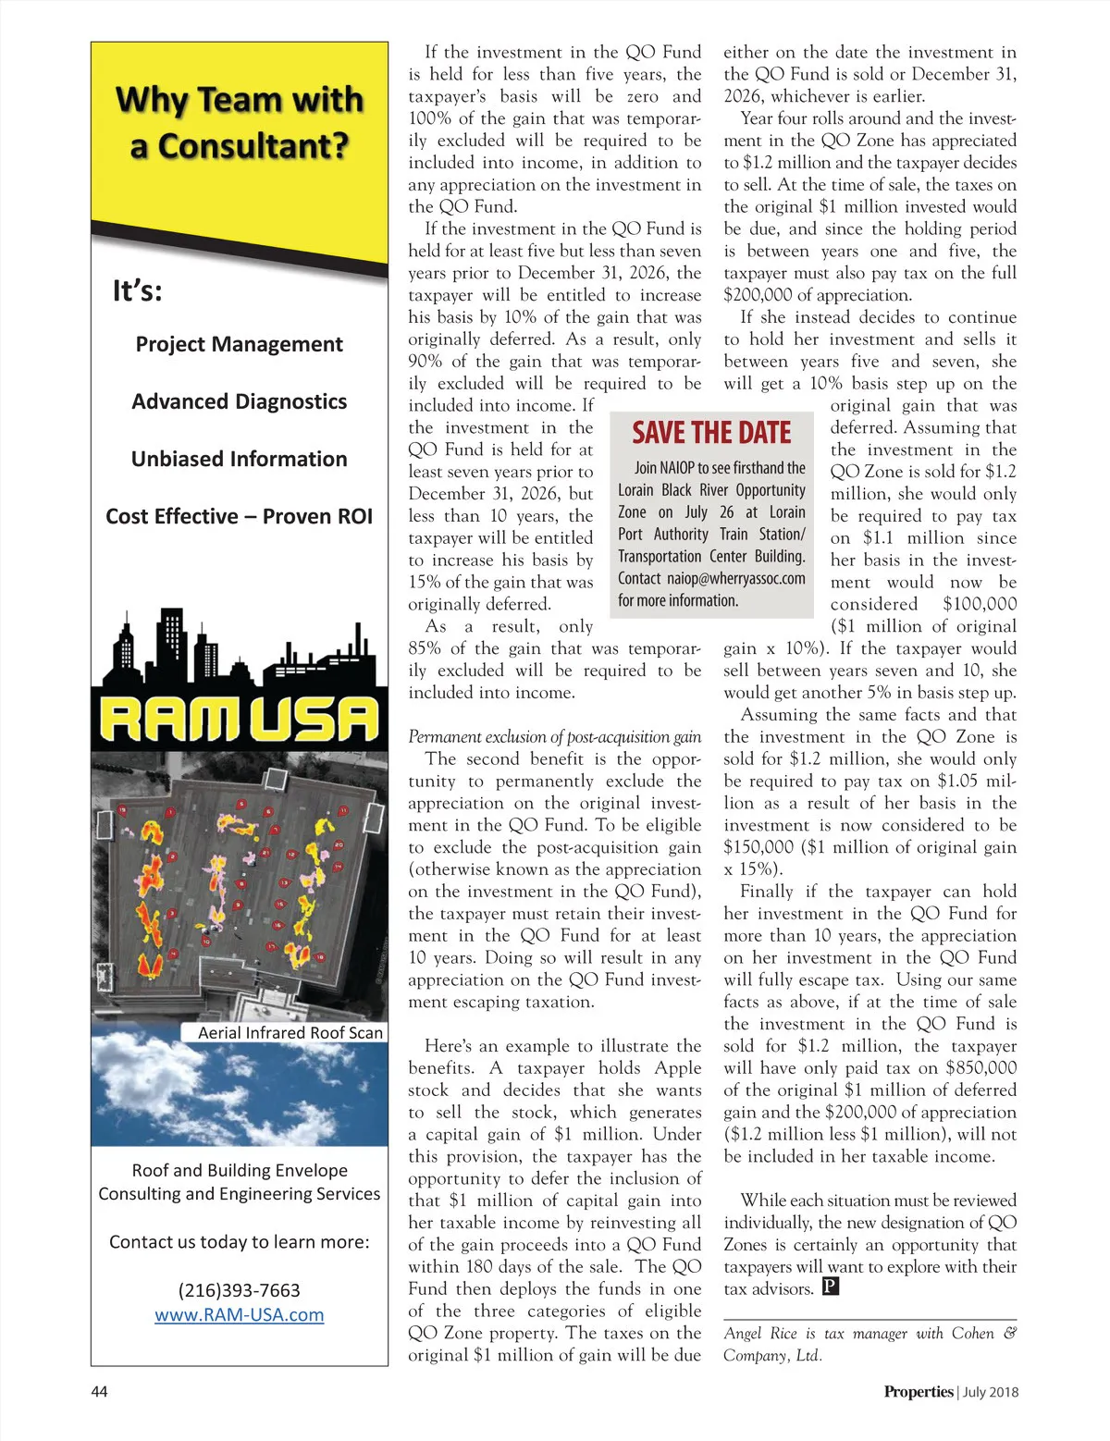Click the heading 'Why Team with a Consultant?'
(239, 122)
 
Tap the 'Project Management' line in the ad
(239, 344)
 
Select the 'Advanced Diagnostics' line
(239, 401)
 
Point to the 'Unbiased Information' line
(239, 459)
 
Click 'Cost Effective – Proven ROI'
(239, 516)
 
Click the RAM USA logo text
(239, 720)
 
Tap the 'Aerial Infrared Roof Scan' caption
(290, 1032)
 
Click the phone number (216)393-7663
(239, 1290)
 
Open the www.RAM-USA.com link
(239, 1314)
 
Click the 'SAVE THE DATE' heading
(711, 433)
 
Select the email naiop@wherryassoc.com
(736, 578)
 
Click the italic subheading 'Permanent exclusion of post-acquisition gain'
(554, 737)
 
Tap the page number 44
(99, 1392)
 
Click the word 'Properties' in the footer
(918, 1392)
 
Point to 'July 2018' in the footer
(991, 1392)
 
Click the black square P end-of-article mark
(830, 1287)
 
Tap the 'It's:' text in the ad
(137, 291)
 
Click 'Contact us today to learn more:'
(239, 1242)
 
